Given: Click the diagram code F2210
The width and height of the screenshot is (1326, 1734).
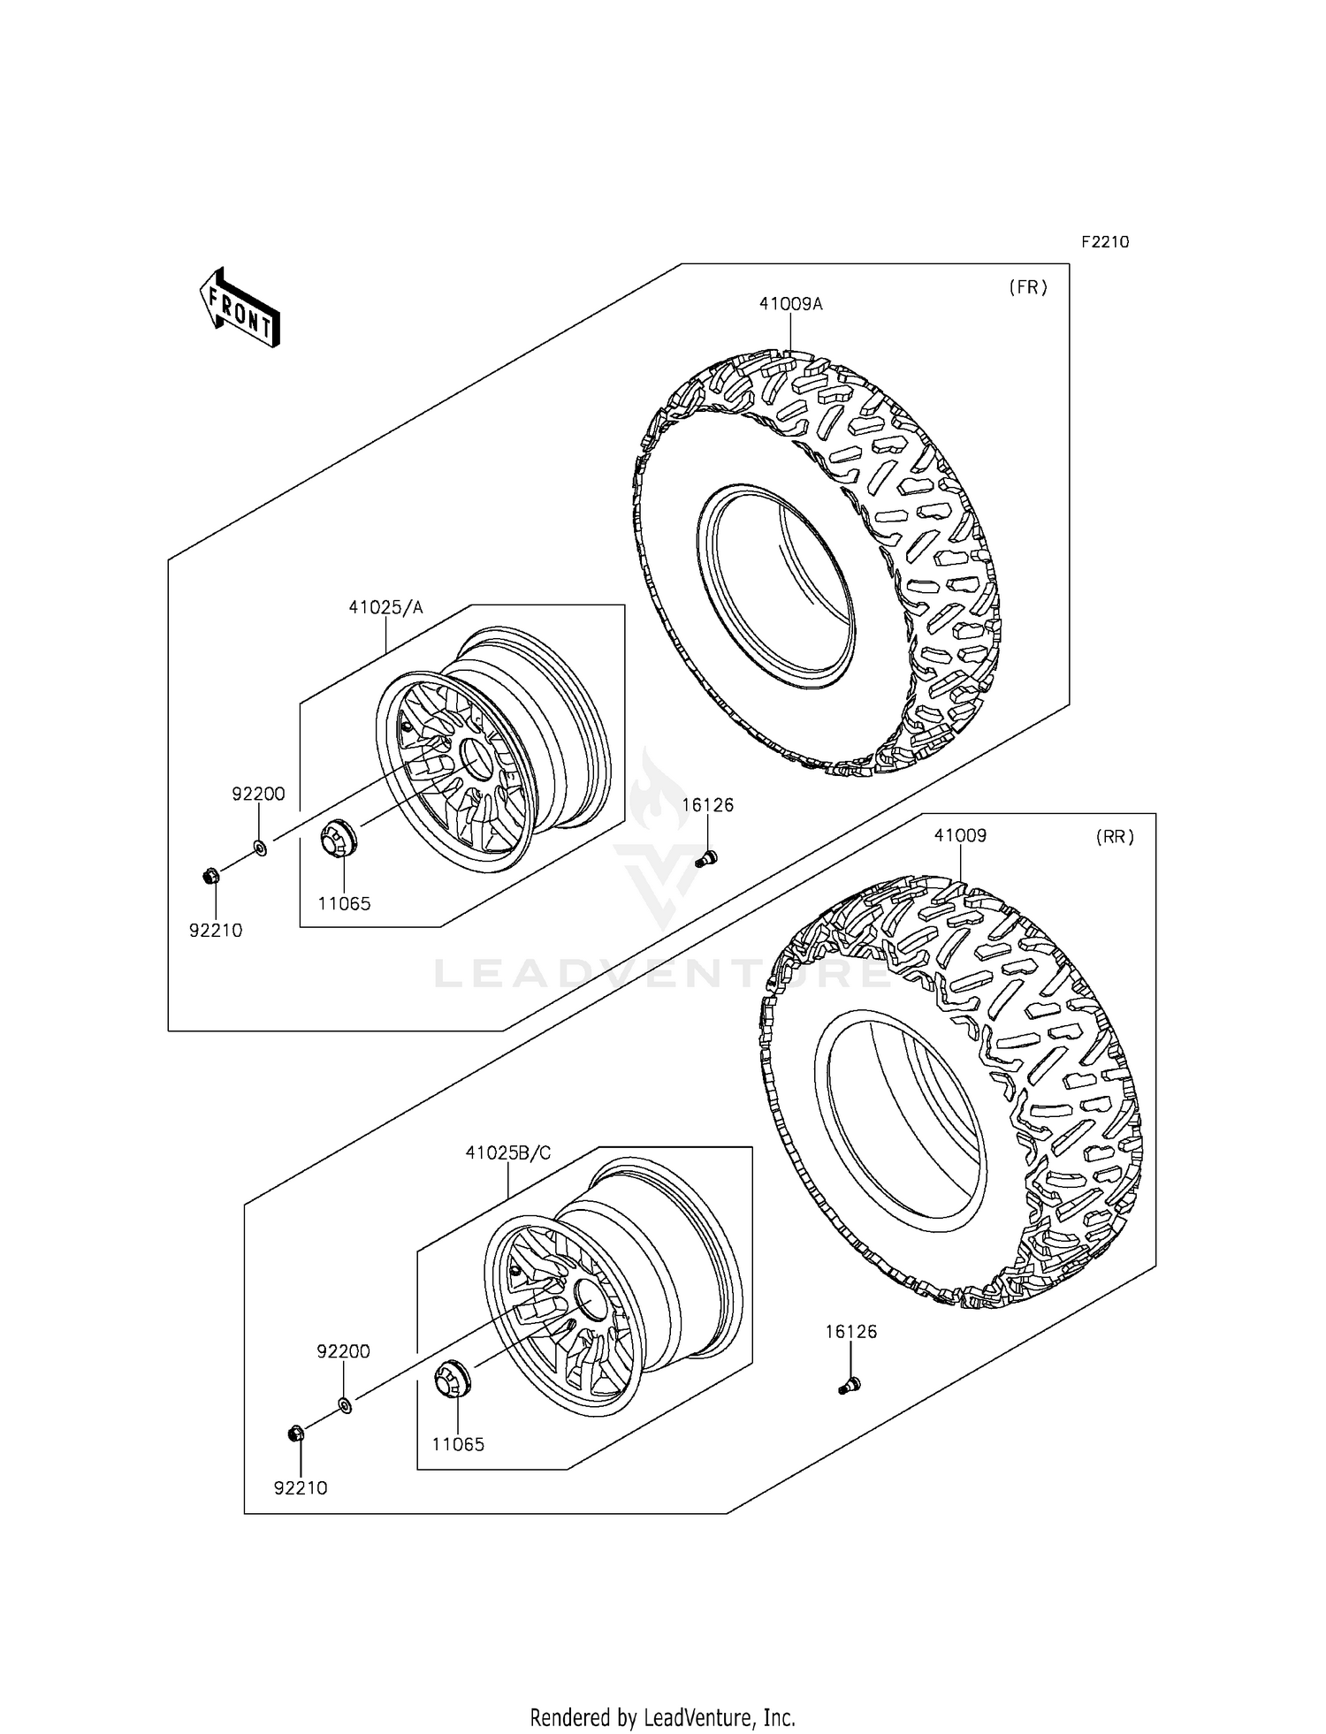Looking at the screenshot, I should pos(1104,242).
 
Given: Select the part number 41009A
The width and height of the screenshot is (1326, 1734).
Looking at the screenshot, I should pos(790,304).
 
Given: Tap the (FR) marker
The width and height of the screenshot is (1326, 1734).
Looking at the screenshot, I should pos(1027,287).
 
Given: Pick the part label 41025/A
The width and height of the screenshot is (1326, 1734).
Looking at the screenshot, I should pos(385,607).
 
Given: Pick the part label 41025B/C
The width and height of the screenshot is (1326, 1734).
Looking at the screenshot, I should pos(508,1153).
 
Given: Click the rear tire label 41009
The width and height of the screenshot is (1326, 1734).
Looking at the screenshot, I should pos(960,836).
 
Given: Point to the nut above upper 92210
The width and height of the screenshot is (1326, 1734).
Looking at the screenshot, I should pos(210,877).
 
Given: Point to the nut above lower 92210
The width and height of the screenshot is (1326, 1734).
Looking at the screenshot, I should pos(297,1433).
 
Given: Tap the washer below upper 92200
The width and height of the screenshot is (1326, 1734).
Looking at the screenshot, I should pos(260,848).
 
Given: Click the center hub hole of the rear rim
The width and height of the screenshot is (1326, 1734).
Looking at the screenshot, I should pos(590,1297).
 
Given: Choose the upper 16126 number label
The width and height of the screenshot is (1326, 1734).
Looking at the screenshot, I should pos(707,805).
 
